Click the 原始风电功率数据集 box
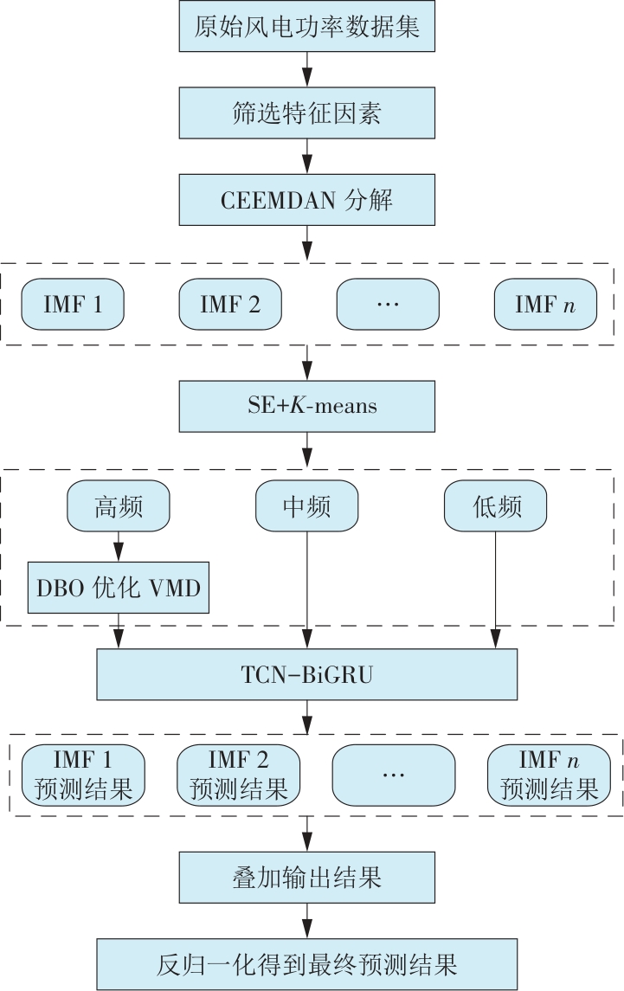[306, 27]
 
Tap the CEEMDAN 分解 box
[306, 201]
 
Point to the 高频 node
[119, 506]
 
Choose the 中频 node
[306, 506]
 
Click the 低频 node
[495, 506]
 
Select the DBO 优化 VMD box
[119, 589]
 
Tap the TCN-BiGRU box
[306, 674]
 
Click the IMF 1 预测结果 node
[83, 775]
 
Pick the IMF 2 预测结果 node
[238, 775]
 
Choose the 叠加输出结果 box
[306, 879]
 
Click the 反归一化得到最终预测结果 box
[306, 963]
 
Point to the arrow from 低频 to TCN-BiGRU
[495, 589]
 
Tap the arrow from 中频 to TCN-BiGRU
[306, 589]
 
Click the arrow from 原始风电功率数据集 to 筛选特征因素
[306, 70]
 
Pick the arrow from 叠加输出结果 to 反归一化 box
[306, 921]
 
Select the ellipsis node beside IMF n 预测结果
[394, 775]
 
